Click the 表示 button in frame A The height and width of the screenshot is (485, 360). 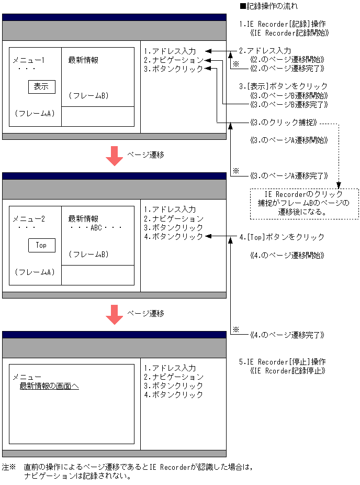coord(41,87)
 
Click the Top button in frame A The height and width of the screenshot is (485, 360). coord(41,245)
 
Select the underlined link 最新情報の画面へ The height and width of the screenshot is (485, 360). coord(49,387)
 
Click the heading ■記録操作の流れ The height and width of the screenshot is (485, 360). coord(268,6)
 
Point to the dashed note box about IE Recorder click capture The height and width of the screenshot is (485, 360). coord(305,204)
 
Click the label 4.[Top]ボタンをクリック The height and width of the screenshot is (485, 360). coord(282,237)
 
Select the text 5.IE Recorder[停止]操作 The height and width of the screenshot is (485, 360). coord(283,362)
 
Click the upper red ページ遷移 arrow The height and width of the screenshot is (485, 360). coord(114,156)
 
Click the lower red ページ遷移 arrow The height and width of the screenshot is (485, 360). coord(114,314)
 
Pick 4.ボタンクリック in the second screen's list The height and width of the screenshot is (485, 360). coord(173,237)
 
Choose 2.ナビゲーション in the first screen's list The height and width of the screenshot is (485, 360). coord(173,60)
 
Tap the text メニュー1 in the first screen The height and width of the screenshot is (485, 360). coord(28,60)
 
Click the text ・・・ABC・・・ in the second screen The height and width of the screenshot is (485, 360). coord(96,228)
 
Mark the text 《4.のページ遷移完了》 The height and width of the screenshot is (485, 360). coord(287,335)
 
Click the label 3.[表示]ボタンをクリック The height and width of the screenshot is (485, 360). coord(283,86)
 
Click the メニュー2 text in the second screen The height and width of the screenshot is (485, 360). coord(29,219)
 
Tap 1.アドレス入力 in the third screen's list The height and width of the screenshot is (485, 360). coord(170,368)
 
